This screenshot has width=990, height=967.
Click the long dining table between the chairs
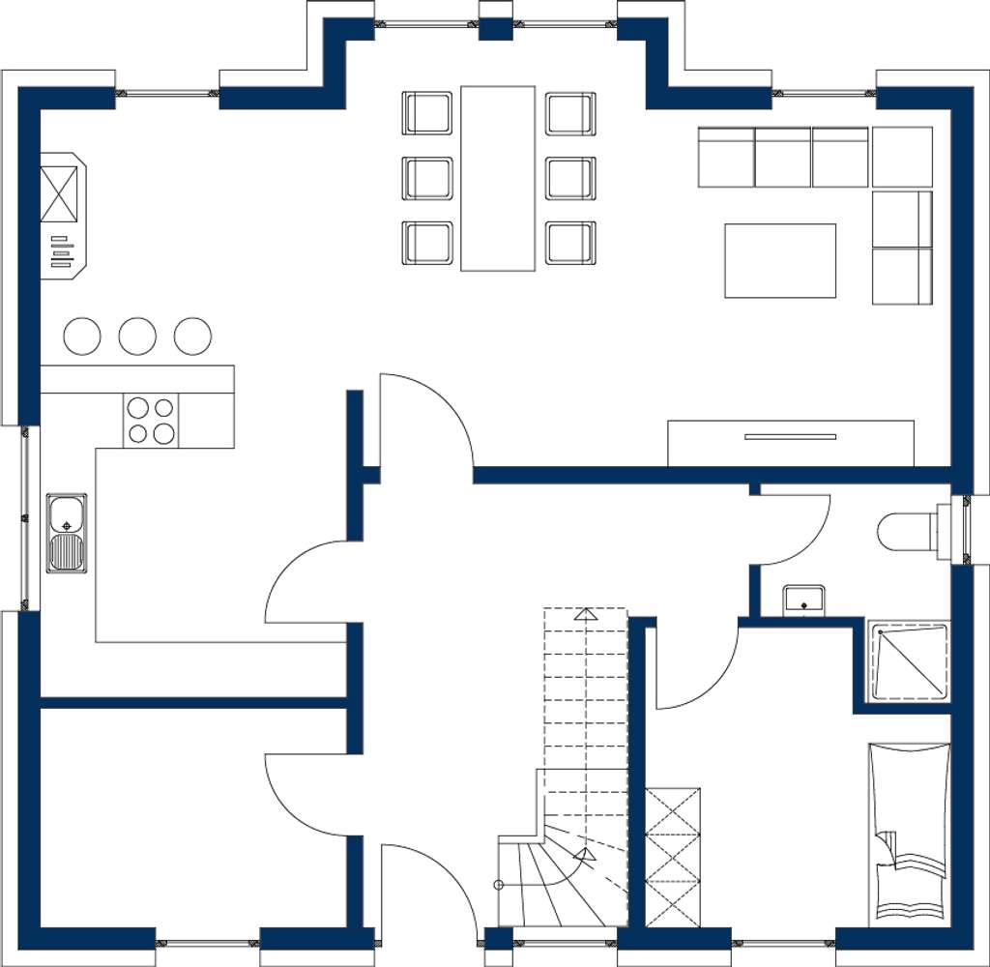coord(498,178)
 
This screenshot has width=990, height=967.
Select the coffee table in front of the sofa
coord(780,260)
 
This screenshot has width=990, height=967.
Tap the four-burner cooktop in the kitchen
coord(151,421)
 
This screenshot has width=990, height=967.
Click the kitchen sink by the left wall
coord(67,533)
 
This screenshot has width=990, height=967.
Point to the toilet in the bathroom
coord(905,530)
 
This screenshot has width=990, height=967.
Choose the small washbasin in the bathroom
coord(803,600)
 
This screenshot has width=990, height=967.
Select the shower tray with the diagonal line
coord(909,660)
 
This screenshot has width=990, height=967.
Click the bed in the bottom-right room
coord(910,832)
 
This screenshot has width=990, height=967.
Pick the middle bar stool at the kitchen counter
coord(137,336)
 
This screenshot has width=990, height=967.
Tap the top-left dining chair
coord(427,113)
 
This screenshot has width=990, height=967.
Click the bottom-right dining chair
coord(570,243)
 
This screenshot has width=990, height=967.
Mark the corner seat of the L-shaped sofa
coord(902,157)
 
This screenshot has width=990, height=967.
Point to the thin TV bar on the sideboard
coord(790,437)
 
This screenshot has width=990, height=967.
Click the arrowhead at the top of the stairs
coord(585,613)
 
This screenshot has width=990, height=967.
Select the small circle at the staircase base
coord(499,885)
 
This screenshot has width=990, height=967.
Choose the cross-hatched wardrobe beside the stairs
coord(673,857)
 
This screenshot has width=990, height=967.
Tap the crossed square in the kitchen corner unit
coord(59,194)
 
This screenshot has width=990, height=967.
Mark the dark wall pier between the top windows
coord(496,27)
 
